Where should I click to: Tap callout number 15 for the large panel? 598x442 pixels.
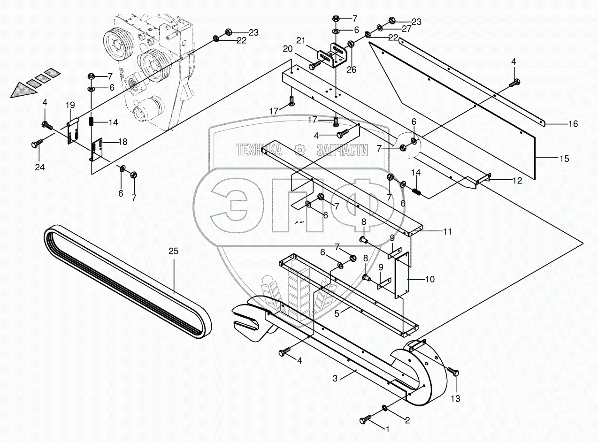(x=564, y=159)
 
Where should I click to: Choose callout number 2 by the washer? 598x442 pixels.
(x=407, y=420)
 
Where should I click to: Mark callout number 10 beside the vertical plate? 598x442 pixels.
(x=429, y=279)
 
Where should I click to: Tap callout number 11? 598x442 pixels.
(x=447, y=231)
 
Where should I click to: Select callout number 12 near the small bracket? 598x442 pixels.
(x=517, y=181)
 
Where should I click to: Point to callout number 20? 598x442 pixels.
(x=287, y=48)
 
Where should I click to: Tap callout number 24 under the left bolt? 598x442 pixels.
(x=39, y=167)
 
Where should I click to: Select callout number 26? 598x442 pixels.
(x=351, y=69)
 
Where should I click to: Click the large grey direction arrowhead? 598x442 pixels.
(x=23, y=89)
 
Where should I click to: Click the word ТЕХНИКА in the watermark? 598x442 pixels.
(x=259, y=150)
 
